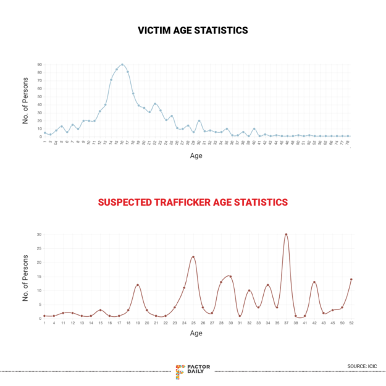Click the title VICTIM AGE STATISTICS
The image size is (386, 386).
coord(193,30)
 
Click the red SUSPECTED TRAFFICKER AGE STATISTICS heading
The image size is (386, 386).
coord(193,202)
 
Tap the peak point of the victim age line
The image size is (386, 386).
coord(122,64)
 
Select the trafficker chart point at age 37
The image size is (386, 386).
coord(286,235)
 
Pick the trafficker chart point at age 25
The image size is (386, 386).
coord(193,257)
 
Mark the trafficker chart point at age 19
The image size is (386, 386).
coord(138,285)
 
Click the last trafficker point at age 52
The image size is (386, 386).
coord(351,279)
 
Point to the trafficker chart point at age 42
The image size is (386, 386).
coord(314,282)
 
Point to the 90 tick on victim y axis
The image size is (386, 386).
coord(40,64)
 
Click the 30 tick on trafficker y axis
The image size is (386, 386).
coord(39,235)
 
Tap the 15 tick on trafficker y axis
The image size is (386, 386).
coord(39,277)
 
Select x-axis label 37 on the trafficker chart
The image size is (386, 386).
coord(286,323)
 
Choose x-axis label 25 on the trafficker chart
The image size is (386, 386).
coord(193,323)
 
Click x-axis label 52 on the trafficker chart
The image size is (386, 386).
coord(351,323)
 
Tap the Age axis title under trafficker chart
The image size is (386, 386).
coord(196,334)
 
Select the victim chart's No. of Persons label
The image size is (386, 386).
coord(26,101)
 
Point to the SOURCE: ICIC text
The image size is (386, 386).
coord(361,367)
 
